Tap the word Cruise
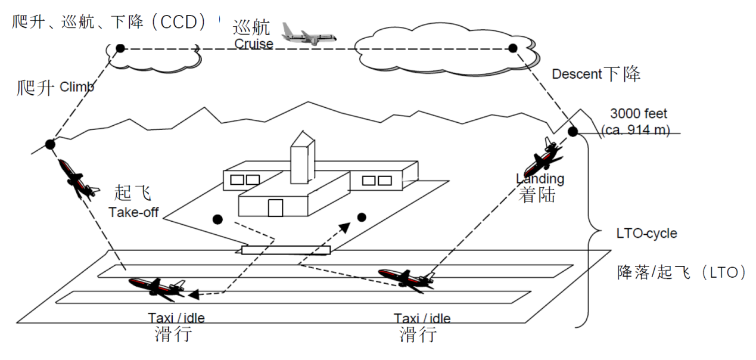(254, 44)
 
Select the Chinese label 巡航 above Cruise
(251, 27)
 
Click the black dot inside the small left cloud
(120, 48)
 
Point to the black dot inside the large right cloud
(512, 48)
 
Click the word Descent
(577, 75)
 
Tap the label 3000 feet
(639, 113)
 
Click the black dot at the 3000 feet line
(573, 132)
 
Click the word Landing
(540, 178)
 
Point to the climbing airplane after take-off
(77, 179)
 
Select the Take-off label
(133, 212)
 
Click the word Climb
(77, 88)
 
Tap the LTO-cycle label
(646, 233)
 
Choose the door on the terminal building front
(275, 207)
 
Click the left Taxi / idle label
(176, 318)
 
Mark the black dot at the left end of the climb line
(50, 144)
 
